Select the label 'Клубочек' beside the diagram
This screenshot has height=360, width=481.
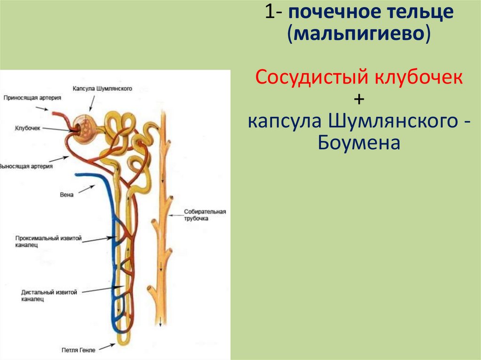pos(29,127)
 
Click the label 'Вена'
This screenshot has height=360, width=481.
pos(67,195)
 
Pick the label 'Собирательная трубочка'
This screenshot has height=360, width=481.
pos(205,215)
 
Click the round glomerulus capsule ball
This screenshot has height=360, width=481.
pos(86,126)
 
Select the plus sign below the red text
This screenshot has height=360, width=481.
pos(360,99)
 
